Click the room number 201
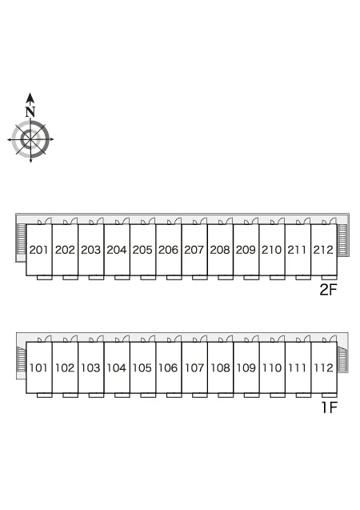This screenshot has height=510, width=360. tap(38, 250)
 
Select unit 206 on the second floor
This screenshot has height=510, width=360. tap(168, 250)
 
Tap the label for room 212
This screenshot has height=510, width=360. tap(323, 250)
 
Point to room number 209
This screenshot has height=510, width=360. tap(246, 250)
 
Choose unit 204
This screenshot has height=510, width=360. tap(116, 250)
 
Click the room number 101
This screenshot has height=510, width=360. tap(38, 367)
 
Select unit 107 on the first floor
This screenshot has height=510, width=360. tap(194, 367)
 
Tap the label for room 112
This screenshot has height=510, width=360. tap(324, 367)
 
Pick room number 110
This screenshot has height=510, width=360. tap(272, 367)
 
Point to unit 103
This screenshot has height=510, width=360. tap(90, 367)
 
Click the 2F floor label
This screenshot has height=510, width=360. tap(329, 290)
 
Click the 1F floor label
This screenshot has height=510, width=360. tap(330, 408)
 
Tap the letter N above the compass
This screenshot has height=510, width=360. tap(30, 112)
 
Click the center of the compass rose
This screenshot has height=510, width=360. tap(30, 139)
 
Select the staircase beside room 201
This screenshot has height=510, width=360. tap(22, 239)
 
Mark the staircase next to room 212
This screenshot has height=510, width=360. tap(342, 239)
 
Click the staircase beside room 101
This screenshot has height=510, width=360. tap(22, 359)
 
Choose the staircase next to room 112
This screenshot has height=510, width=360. tap(342, 359)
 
